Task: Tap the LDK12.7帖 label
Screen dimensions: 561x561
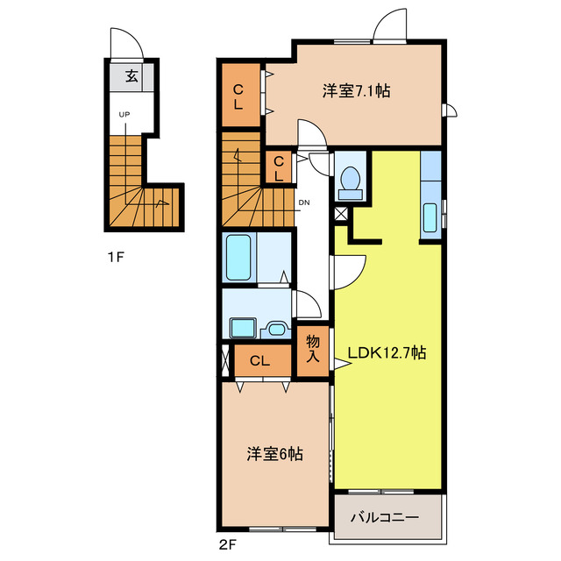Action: [387, 353]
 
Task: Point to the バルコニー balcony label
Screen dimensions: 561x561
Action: [385, 516]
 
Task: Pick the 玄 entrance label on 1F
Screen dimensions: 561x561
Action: [131, 76]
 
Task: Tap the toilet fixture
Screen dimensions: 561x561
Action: [351, 178]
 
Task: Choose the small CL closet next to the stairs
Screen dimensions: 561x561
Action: [279, 167]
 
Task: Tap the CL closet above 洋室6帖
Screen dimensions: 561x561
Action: [259, 360]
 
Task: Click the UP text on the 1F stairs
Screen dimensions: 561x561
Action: [124, 114]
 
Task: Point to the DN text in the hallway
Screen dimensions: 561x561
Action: [304, 203]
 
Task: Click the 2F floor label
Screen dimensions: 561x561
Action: [227, 543]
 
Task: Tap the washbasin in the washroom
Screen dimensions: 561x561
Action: [277, 329]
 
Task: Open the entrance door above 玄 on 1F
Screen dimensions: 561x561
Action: [124, 44]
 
